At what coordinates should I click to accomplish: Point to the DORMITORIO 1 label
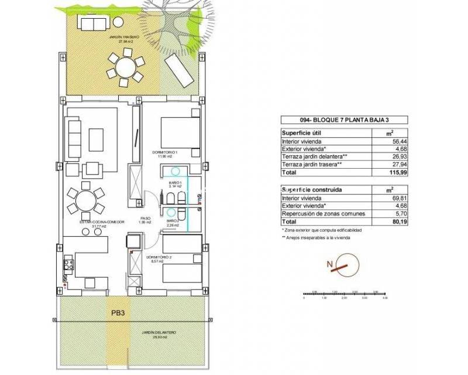(164, 153)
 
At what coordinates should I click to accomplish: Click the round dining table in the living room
(85, 200)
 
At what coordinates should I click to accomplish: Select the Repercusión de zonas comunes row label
(319, 214)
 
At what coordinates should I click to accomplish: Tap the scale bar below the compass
(345, 294)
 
